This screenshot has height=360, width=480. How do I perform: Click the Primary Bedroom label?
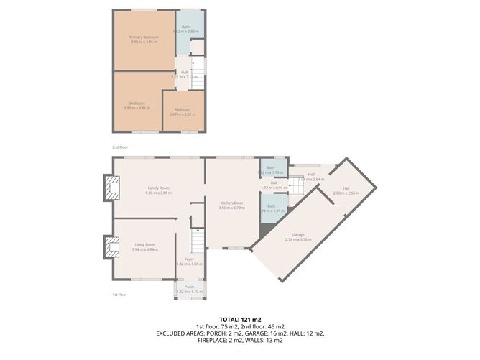coord(144,37)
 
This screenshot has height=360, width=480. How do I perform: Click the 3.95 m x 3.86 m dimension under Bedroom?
coord(137,108)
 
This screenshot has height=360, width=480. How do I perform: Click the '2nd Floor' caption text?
coord(119,147)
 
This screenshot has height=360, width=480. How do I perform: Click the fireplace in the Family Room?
coord(112,188)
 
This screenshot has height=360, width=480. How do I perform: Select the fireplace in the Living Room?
coord(112,248)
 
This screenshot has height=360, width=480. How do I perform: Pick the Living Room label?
coord(145,245)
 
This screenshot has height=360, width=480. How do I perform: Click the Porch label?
coord(190,287)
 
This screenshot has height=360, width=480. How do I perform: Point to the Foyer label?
coord(190,259)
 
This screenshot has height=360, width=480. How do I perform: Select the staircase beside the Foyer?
coord(198,239)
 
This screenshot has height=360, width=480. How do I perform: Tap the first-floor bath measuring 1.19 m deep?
coord(272,170)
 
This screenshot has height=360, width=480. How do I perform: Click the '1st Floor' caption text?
coord(119,295)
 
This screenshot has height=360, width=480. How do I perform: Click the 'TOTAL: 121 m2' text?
coord(240,320)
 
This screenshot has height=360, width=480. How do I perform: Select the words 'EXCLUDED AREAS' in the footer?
coord(178,333)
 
